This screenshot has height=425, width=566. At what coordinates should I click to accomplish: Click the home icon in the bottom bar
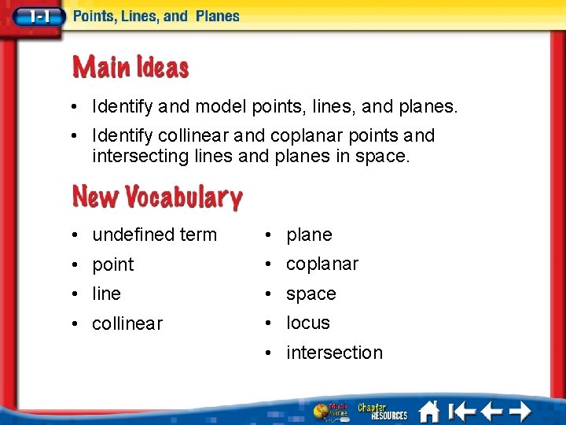[429, 411]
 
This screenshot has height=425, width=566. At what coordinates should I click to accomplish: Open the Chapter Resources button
[383, 411]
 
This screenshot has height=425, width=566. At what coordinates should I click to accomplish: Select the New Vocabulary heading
[157, 196]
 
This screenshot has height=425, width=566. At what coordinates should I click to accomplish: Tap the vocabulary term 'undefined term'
[154, 235]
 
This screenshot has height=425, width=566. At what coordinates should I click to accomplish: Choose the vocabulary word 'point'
[113, 264]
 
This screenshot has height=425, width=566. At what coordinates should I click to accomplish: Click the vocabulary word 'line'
[106, 294]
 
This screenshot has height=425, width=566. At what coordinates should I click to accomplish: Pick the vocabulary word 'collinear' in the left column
[127, 323]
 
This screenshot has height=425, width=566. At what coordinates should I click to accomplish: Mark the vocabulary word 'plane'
[309, 235]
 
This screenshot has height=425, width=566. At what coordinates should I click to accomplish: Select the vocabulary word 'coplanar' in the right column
[322, 264]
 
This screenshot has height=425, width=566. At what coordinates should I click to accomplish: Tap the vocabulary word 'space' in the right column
[311, 294]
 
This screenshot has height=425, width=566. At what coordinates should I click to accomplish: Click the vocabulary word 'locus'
[308, 323]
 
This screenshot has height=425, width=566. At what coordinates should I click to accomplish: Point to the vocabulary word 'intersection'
[334, 353]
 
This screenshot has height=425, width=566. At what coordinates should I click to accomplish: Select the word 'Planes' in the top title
[217, 16]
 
